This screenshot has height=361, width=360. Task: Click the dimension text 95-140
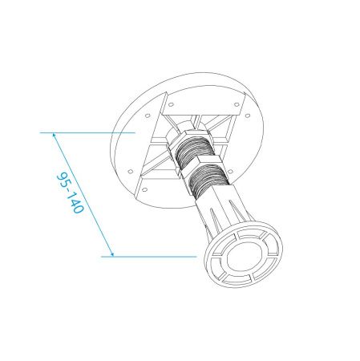click(71, 193)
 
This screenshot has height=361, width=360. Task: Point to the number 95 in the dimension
click(64, 180)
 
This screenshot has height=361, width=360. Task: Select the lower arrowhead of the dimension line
click(111, 254)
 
